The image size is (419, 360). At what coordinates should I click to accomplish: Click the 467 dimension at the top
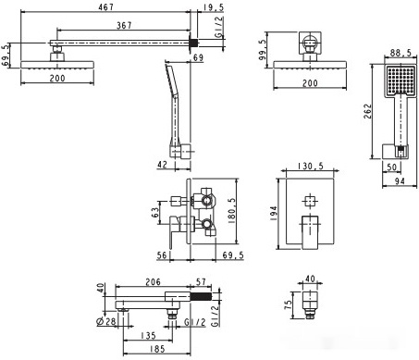point(106,6)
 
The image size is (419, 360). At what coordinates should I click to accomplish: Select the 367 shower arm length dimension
point(124,25)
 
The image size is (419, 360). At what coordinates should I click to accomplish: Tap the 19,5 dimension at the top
point(214,7)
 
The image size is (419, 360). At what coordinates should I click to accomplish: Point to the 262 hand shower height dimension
point(367,111)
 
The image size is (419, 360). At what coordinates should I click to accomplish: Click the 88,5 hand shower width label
point(401,53)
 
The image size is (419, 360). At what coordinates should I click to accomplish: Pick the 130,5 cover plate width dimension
point(311,166)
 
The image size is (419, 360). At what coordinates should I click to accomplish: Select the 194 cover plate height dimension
point(273,213)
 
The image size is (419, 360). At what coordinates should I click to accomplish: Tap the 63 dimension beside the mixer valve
point(155,212)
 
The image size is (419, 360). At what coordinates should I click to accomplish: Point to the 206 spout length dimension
point(153,281)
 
